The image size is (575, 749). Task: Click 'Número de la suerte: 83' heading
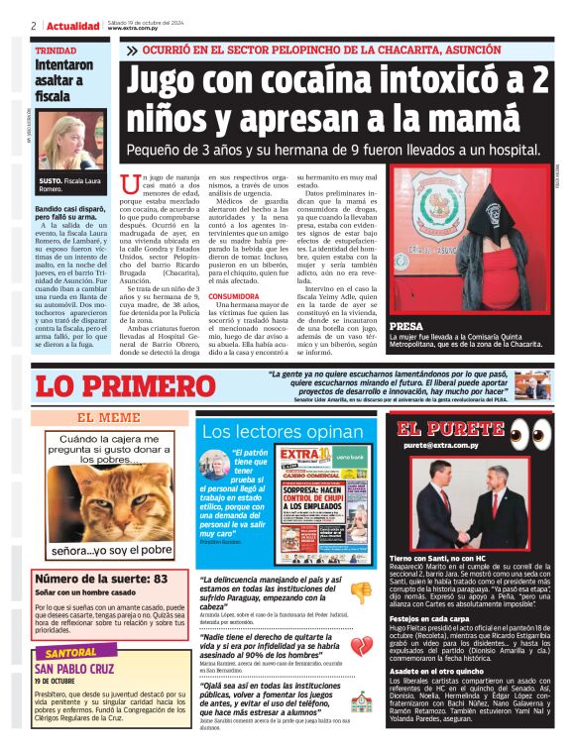pos(101,578)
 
